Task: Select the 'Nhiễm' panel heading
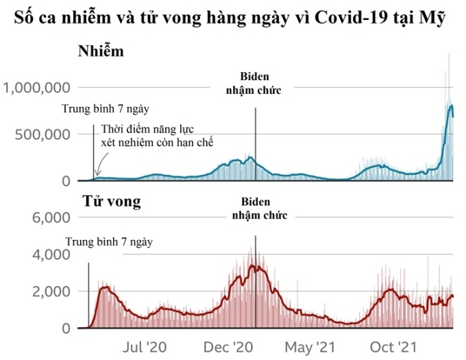101,51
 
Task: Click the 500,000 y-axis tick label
42,134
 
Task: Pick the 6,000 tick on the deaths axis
54,218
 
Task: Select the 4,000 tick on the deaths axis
54,255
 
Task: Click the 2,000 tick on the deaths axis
54,292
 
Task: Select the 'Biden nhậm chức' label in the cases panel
254,83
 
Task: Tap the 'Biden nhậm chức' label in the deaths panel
256,208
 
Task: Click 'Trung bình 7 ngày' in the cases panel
106,108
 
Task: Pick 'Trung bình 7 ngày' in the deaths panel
110,241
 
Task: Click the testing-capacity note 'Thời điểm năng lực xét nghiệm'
157,135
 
